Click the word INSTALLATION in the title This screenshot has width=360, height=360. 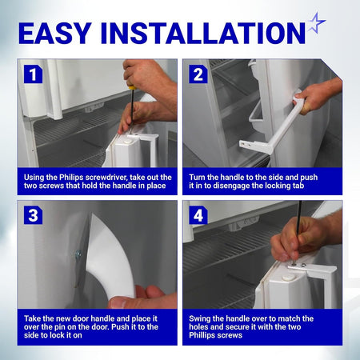203,33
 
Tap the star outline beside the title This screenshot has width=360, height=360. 317,23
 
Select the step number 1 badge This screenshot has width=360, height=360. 33,74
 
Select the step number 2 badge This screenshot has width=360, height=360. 198,74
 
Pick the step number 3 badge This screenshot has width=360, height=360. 33,215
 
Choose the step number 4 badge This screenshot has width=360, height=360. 198,215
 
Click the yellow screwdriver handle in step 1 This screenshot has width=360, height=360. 130,87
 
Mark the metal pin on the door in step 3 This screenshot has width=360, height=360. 78,254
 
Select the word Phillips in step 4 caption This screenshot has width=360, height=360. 202,335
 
